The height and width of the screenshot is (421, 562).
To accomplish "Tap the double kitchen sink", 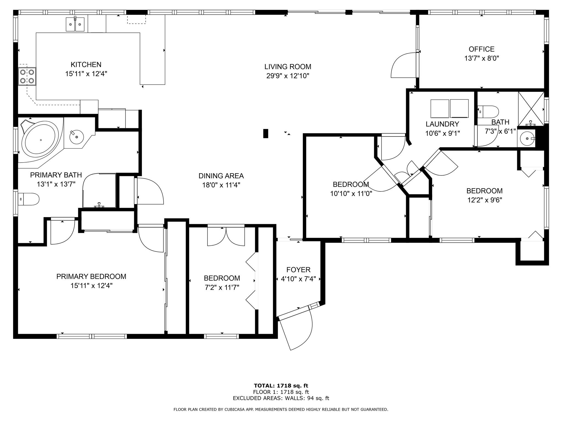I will [x=75, y=24].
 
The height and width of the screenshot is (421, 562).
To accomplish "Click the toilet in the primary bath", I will [x=29, y=199].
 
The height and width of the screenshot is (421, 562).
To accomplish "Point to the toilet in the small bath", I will [x=488, y=112].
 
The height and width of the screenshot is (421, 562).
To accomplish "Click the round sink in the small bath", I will [x=527, y=139].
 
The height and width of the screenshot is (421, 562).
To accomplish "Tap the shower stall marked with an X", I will [x=531, y=109].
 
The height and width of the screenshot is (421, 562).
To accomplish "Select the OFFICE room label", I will [x=482, y=49].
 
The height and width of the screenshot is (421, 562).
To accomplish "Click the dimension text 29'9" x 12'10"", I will [x=288, y=76].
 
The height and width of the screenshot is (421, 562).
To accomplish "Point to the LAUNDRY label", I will [x=442, y=124].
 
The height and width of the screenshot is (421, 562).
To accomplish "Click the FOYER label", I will [x=298, y=270].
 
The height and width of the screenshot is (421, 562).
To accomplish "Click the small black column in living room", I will [x=266, y=133].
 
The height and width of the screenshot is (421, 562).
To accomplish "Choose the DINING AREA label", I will [x=221, y=176].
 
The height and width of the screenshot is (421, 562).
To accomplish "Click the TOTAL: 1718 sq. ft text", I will [x=281, y=386].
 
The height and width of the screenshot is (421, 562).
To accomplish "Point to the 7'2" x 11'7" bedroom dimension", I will [x=222, y=288].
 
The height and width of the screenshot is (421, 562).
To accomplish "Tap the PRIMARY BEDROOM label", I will [x=91, y=277].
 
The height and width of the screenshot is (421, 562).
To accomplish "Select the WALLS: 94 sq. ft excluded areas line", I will [x=281, y=398].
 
